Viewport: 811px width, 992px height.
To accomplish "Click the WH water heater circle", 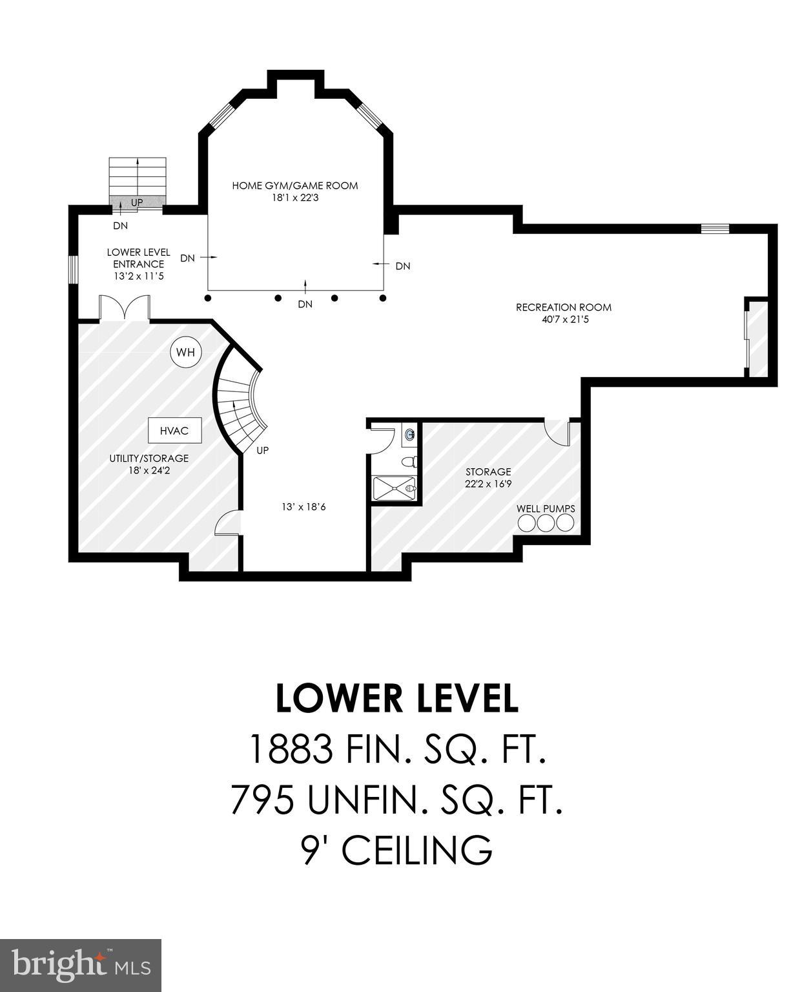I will (185, 353).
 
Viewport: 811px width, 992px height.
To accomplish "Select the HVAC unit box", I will (174, 430).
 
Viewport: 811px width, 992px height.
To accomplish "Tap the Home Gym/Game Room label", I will (295, 186).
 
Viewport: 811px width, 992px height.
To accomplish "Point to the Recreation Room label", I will (563, 307).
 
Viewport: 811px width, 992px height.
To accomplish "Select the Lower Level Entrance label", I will (139, 258).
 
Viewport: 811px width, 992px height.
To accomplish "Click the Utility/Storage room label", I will (149, 459).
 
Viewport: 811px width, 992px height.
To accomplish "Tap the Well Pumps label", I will (546, 509).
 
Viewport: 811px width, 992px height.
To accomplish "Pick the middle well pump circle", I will (546, 522).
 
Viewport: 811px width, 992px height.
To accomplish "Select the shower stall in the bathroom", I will (394, 488).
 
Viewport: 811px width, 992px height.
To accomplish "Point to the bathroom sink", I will (409, 435).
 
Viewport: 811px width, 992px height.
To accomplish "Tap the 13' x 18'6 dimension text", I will (303, 507).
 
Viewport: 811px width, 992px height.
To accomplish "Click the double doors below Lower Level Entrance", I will (125, 308).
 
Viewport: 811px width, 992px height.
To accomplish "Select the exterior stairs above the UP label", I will (138, 175).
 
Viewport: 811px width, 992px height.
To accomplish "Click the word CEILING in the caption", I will (416, 850).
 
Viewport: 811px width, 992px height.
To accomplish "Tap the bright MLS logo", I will (81, 966).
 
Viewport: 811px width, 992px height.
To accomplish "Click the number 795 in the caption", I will (263, 800).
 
